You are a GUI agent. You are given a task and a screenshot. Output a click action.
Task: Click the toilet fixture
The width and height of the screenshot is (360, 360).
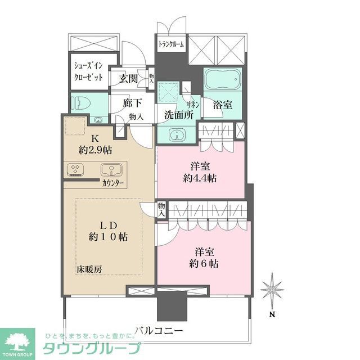tap(79, 102)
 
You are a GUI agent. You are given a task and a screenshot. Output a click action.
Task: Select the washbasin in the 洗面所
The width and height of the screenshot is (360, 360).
tap(176, 135)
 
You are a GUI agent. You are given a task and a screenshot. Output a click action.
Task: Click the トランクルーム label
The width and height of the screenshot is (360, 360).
tap(171, 44)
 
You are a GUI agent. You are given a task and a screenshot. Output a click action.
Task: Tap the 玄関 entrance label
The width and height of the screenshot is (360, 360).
tap(128, 79)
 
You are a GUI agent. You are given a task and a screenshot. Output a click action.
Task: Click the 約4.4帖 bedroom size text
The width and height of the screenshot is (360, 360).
tap(200, 179)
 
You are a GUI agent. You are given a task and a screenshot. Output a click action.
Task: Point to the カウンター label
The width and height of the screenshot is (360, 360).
tap(113, 183)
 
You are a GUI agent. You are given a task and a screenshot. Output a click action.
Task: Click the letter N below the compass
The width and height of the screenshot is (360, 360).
tap(272, 314)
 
